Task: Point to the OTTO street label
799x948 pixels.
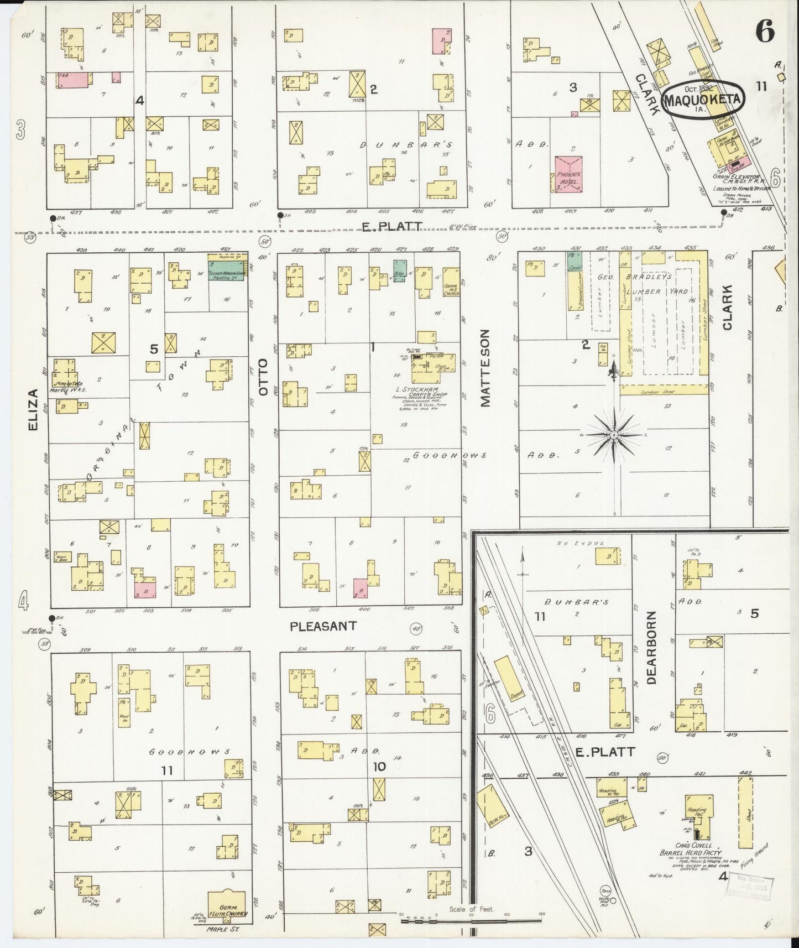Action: coord(264,377)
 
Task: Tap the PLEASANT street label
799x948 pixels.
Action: coord(323,626)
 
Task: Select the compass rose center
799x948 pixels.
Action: coord(614,435)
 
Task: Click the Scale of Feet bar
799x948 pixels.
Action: coord(470,920)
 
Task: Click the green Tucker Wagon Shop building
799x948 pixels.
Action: coord(227,270)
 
